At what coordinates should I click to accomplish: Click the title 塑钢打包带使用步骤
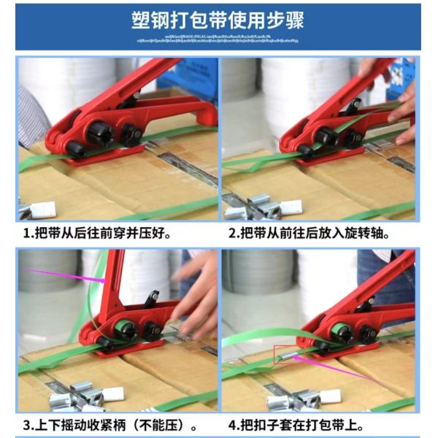(x=218, y=20)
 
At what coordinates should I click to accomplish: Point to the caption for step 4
(x=306, y=425)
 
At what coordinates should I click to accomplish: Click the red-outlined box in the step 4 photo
(x=285, y=356)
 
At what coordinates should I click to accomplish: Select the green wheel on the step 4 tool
(x=342, y=332)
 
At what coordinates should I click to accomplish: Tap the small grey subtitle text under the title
(x=218, y=37)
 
